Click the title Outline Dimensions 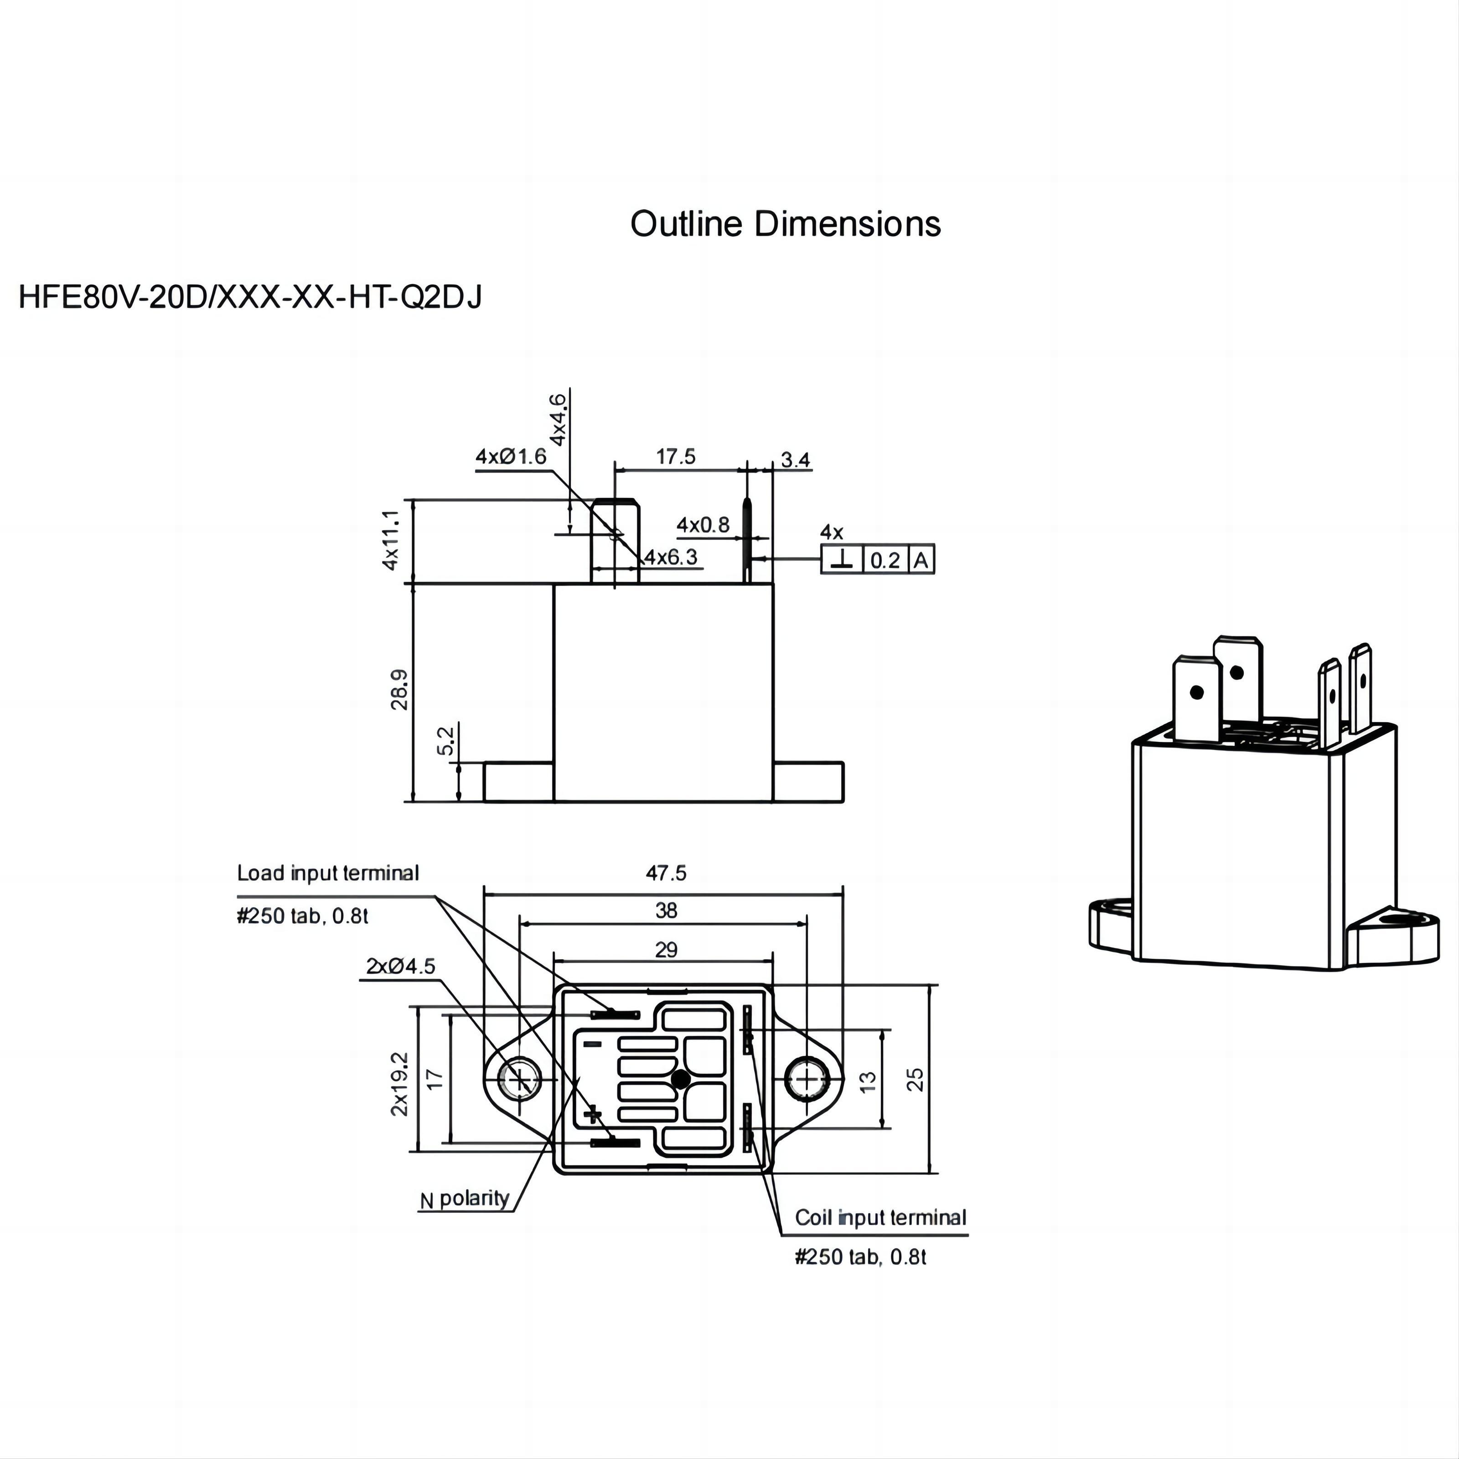tap(786, 224)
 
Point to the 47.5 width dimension tap(665, 873)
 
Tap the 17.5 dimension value tap(675, 457)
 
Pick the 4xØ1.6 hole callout tap(511, 456)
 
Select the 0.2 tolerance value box tap(885, 559)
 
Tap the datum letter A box tap(921, 559)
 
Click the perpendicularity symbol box tap(842, 559)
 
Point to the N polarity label tap(465, 1199)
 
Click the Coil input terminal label tap(880, 1217)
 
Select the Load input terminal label tap(328, 873)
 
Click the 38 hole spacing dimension tap(665, 911)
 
